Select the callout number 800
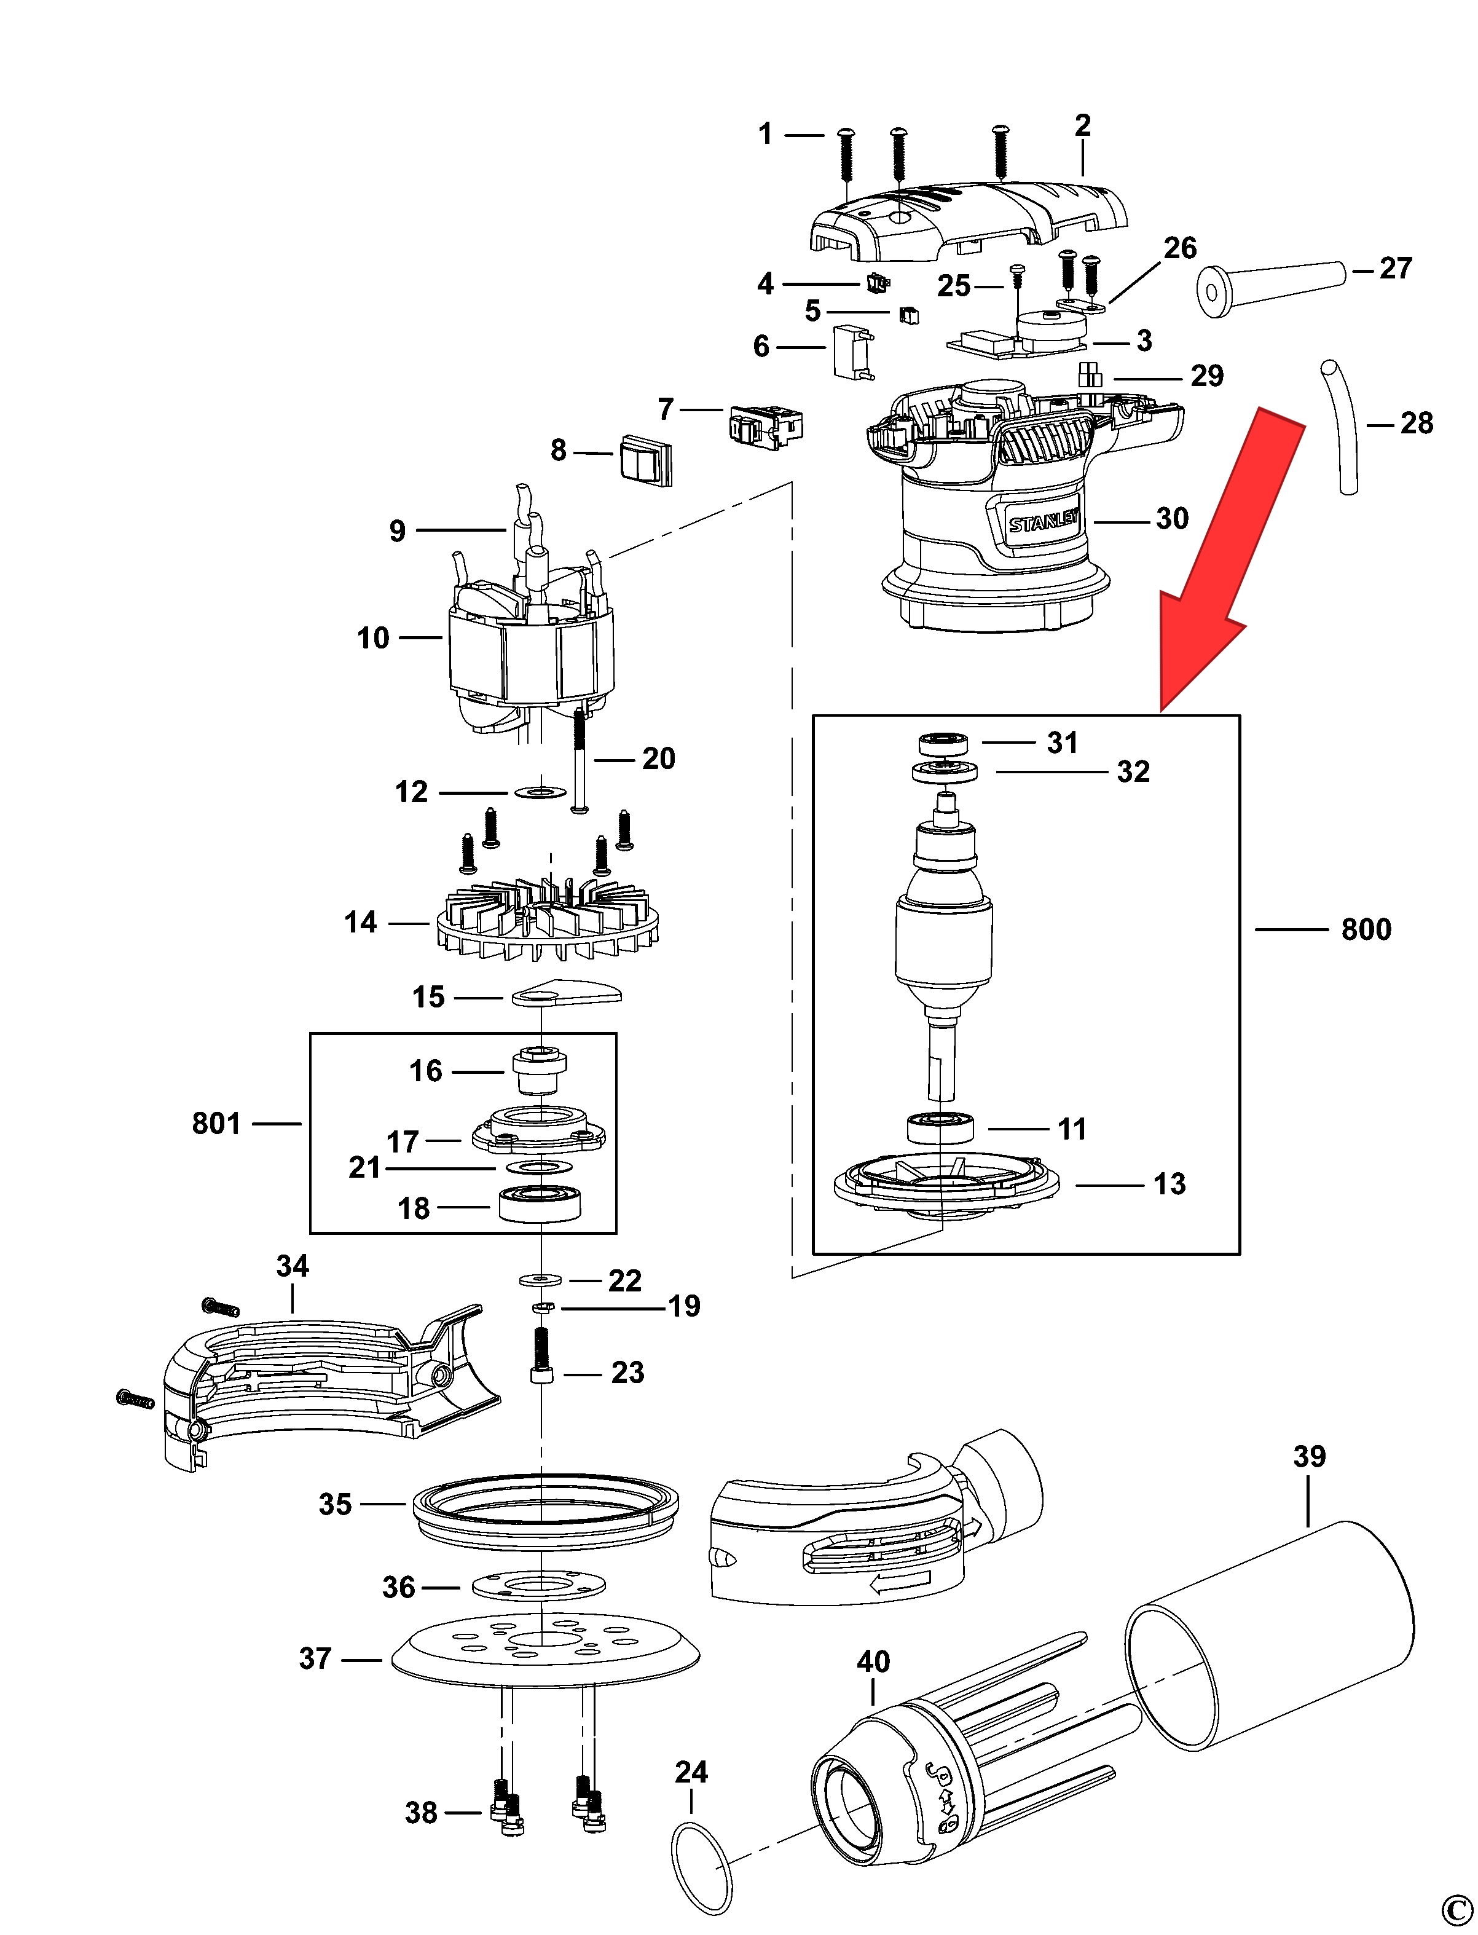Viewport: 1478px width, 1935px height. coord(1366,929)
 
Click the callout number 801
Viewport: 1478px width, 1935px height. coord(216,1124)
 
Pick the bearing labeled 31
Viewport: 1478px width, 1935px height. coord(943,744)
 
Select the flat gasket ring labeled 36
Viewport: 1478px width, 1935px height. coord(538,1586)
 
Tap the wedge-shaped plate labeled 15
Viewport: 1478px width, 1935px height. coord(567,993)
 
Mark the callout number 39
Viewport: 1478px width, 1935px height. coord(1309,1456)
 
